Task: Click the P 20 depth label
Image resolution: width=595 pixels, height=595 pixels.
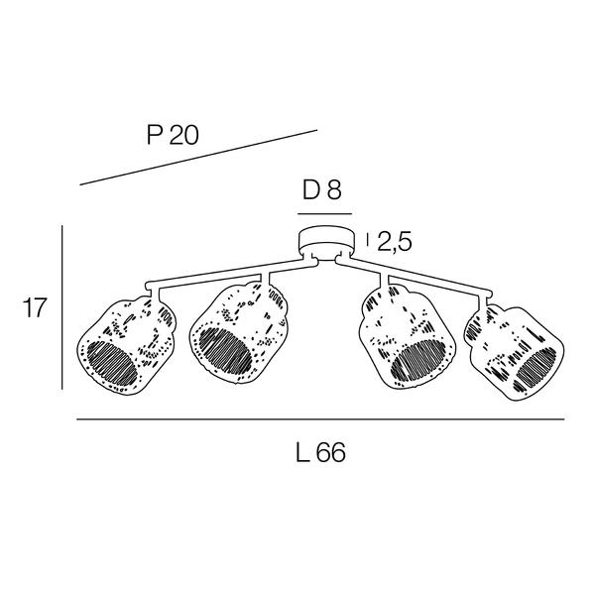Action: pyautogui.click(x=173, y=135)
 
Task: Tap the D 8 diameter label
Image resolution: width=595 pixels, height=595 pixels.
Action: pyautogui.click(x=322, y=189)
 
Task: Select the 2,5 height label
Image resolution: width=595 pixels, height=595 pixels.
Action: pyautogui.click(x=395, y=242)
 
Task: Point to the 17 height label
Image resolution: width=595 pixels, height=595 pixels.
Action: pyautogui.click(x=35, y=307)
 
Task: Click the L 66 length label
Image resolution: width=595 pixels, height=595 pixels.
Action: pyautogui.click(x=320, y=452)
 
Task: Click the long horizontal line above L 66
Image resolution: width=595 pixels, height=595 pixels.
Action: pyautogui.click(x=320, y=419)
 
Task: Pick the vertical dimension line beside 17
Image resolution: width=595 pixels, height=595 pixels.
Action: pyautogui.click(x=61, y=307)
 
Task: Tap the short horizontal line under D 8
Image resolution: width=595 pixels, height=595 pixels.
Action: pyautogui.click(x=325, y=214)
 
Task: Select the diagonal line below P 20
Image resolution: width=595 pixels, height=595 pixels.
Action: pyautogui.click(x=198, y=158)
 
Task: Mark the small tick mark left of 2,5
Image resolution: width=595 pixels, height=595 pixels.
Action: pyautogui.click(x=367, y=240)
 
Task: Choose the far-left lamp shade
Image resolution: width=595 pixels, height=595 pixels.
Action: pyautogui.click(x=126, y=345)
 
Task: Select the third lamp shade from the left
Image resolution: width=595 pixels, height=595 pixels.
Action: pyautogui.click(x=407, y=337)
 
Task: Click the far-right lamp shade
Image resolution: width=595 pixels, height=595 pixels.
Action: pyautogui.click(x=514, y=352)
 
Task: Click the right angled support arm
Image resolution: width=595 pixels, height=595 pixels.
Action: pyautogui.click(x=414, y=275)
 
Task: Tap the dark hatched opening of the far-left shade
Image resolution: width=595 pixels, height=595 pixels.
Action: pyautogui.click(x=112, y=364)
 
